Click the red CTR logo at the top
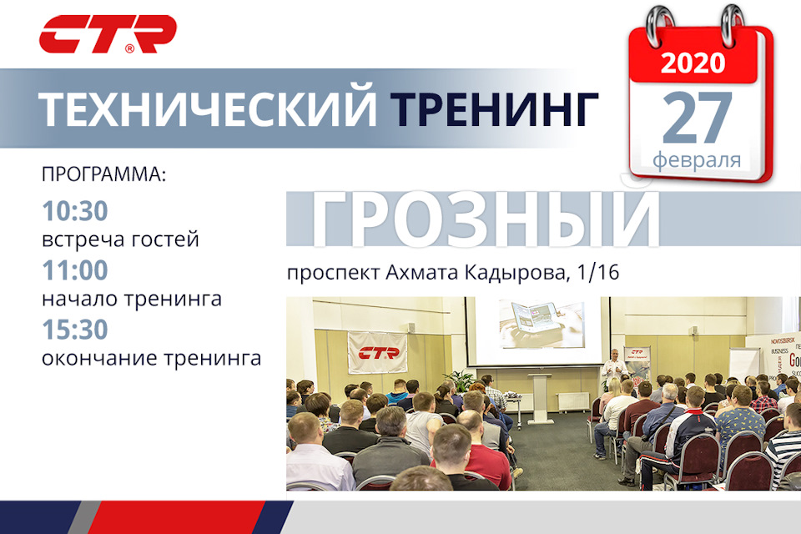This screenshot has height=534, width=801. click(108, 34)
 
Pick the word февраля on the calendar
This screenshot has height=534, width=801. click(697, 159)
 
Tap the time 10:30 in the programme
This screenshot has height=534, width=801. click(74, 212)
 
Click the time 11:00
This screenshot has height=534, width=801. click(74, 270)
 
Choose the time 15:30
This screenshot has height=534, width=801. click(74, 330)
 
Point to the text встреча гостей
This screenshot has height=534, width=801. click(120, 240)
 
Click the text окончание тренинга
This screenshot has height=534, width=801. click(151, 358)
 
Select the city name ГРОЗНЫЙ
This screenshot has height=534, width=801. click(485, 219)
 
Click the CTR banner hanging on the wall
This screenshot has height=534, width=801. click(376, 352)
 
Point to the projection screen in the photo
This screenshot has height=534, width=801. click(538, 329)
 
